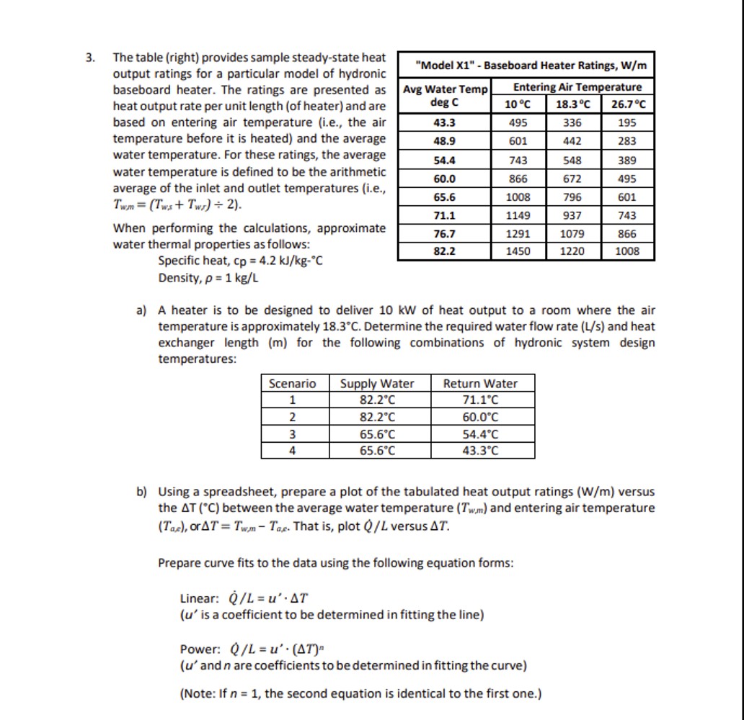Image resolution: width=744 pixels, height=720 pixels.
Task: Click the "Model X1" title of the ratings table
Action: click(x=526, y=66)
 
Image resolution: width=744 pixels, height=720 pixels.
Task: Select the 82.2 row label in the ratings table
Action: click(x=445, y=251)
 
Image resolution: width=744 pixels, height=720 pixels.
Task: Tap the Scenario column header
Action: click(x=292, y=384)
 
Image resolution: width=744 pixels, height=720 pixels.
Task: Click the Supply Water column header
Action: click(x=377, y=384)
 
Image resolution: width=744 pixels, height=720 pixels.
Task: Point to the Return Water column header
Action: click(x=480, y=384)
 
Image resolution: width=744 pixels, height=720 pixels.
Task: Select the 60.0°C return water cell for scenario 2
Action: click(x=480, y=418)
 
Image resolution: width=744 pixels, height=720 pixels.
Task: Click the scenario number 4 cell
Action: click(x=292, y=451)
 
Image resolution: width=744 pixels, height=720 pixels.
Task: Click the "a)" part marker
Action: click(x=141, y=310)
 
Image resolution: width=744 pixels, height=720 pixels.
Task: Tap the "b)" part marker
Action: click(x=141, y=492)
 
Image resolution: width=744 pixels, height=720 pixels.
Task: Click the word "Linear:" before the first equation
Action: click(x=199, y=599)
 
